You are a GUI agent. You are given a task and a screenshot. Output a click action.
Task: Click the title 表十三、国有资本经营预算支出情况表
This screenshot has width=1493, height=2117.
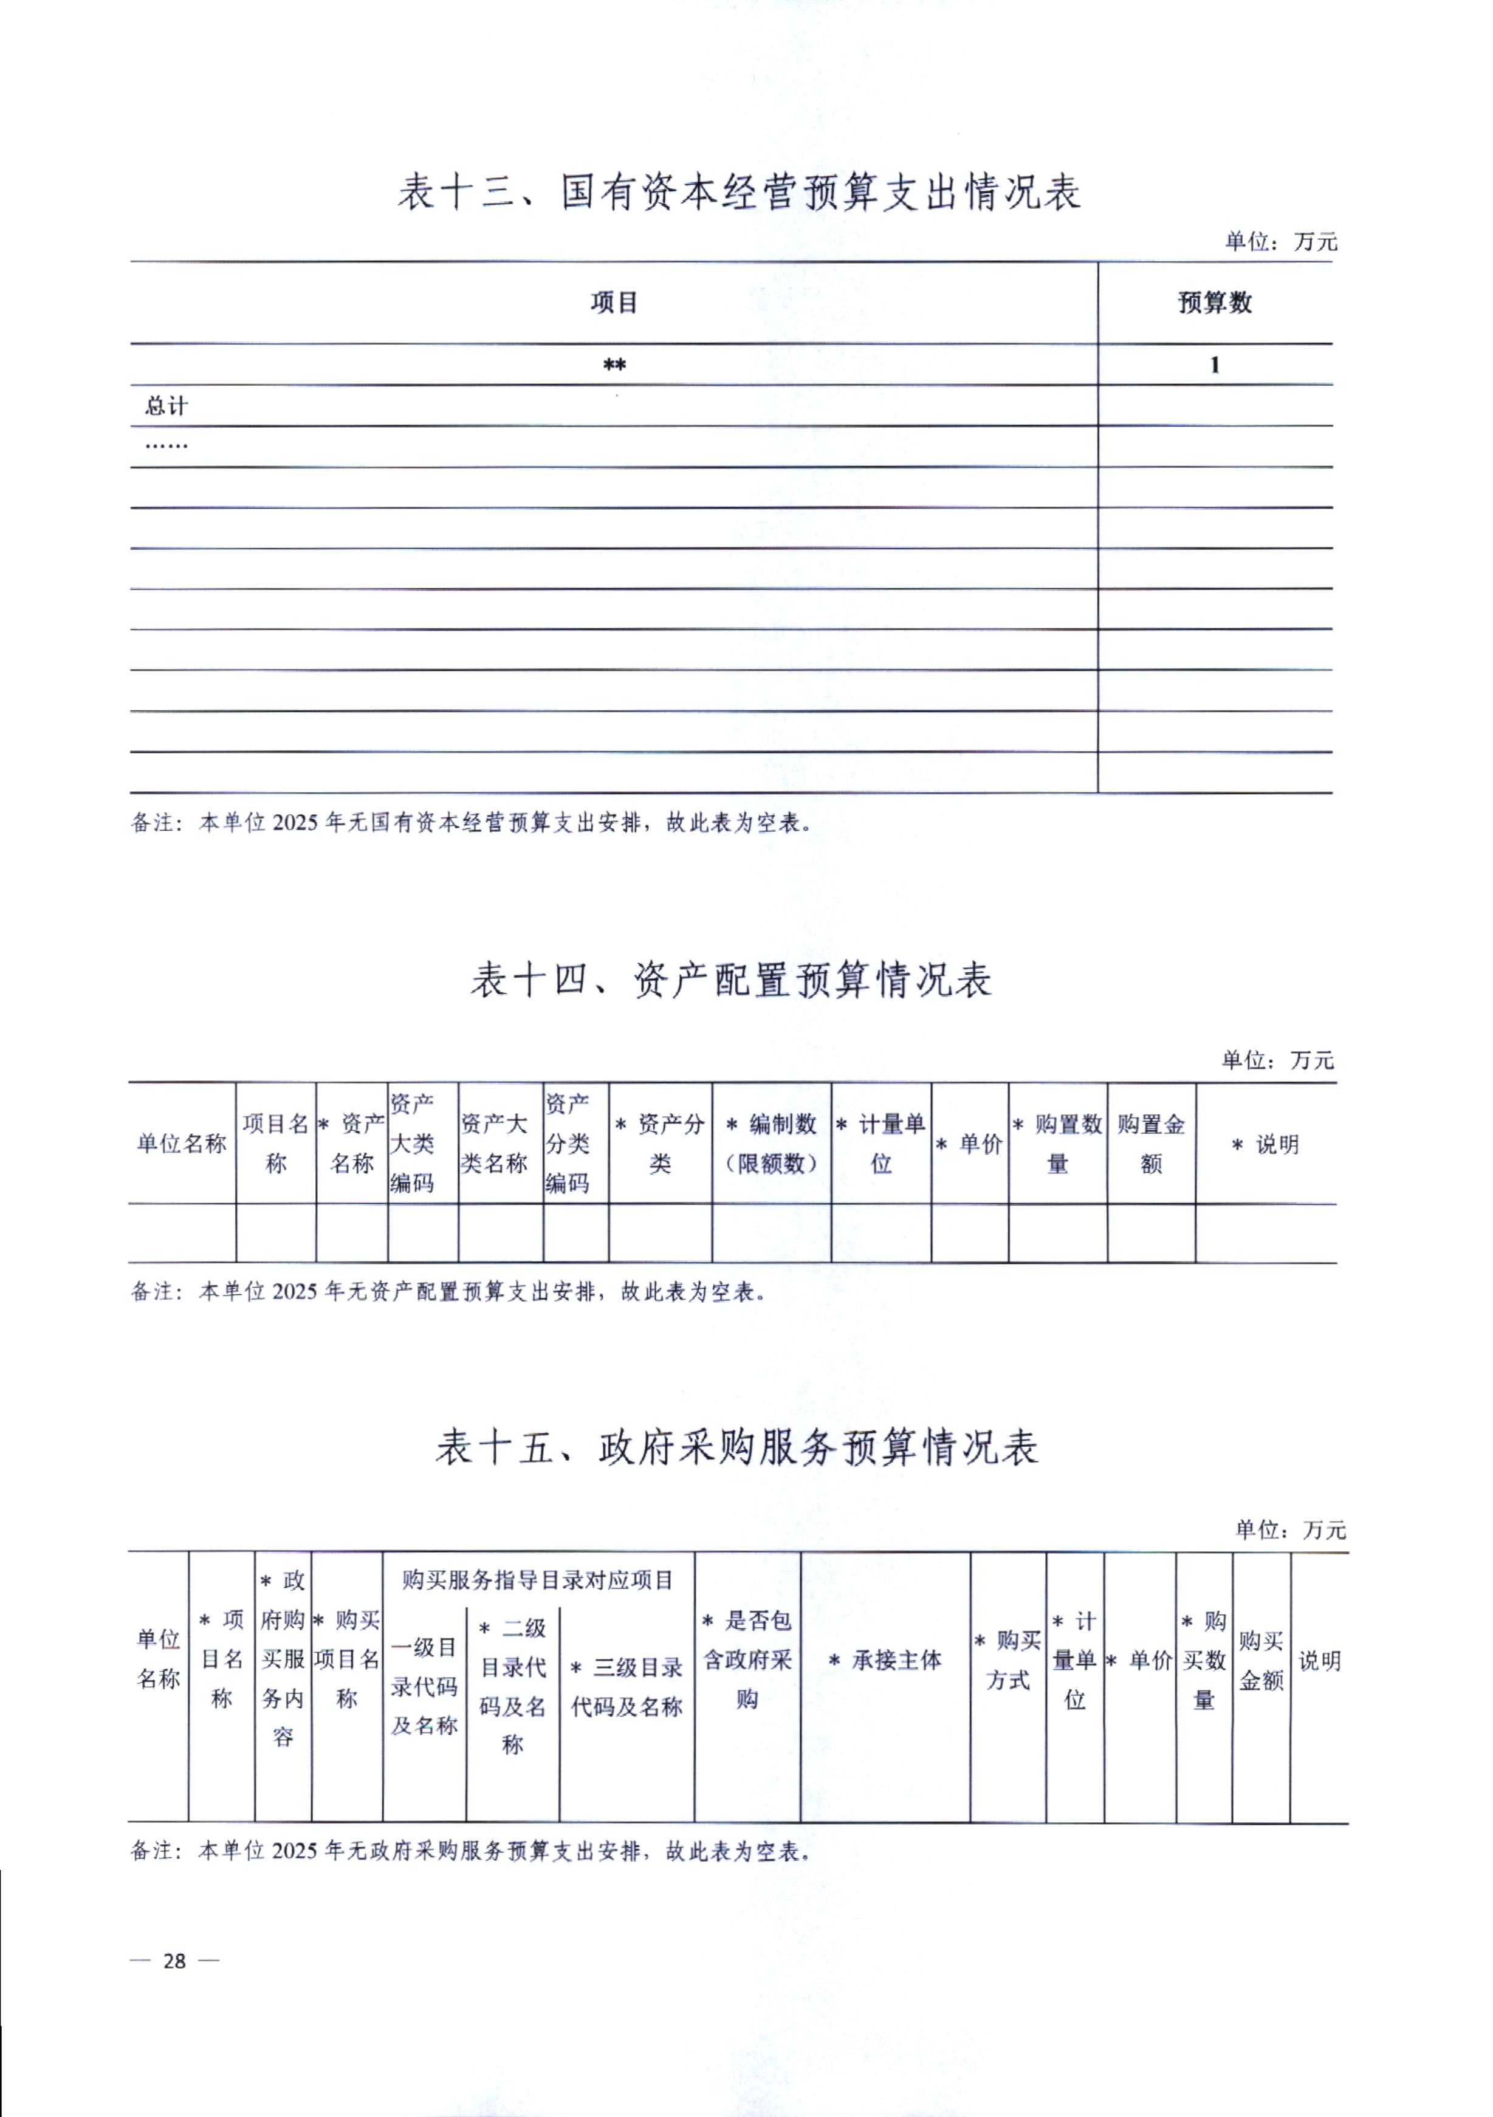point(739,193)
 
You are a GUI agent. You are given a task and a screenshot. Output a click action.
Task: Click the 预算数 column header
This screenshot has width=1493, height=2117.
point(1215,303)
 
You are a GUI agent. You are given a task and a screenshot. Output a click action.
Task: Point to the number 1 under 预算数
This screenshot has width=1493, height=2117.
point(1215,365)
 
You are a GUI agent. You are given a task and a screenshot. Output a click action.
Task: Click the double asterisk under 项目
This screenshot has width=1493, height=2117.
point(614,366)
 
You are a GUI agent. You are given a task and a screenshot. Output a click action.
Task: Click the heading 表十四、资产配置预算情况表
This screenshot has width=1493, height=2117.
point(730,980)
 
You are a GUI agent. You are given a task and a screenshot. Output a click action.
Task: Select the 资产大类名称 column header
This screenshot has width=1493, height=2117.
point(494,1144)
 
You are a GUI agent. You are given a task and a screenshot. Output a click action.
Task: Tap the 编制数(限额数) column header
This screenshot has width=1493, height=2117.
point(771,1144)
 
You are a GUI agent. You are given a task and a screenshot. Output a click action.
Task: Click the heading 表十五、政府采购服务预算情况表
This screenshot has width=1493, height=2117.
point(737,1447)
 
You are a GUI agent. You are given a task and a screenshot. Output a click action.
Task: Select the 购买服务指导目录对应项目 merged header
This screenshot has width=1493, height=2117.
point(538,1581)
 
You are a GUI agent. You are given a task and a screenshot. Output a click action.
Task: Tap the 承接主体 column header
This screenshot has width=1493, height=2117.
point(885,1661)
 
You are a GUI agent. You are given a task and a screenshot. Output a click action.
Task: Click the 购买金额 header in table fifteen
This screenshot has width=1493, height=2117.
point(1261,1661)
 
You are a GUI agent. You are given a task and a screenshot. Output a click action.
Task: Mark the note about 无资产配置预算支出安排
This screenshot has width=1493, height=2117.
point(448,1292)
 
